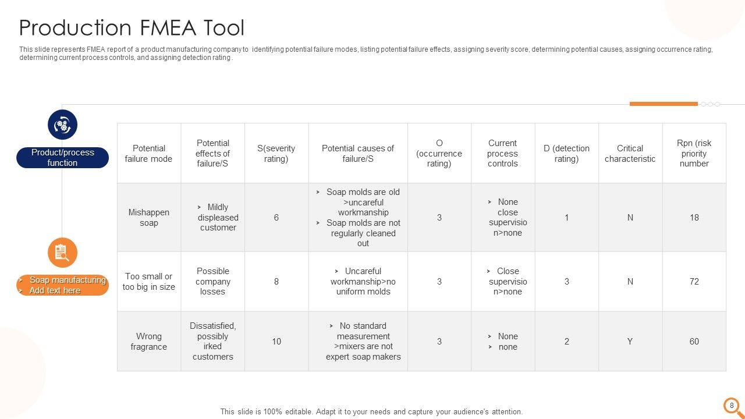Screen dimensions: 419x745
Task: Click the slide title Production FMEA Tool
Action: tap(132, 28)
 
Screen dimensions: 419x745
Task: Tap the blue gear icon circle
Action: tap(62, 125)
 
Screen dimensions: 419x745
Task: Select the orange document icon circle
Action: tap(62, 253)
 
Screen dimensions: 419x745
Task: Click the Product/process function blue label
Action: tap(62, 158)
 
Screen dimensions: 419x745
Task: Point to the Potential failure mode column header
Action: tap(149, 154)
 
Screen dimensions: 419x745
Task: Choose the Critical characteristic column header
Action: tap(630, 154)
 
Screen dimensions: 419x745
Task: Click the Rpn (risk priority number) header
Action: tap(694, 154)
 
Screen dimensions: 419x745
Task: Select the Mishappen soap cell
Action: tap(149, 218)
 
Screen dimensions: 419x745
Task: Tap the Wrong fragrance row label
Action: tap(149, 342)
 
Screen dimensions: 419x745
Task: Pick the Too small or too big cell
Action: tap(149, 282)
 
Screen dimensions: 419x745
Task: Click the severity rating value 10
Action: tap(276, 342)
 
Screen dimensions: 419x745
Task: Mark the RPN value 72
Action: tap(694, 282)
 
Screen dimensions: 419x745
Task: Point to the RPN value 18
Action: tap(694, 218)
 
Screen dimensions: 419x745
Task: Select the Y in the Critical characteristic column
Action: tap(630, 342)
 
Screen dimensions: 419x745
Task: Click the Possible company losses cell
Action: tap(212, 282)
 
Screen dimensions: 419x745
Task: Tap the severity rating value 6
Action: tap(276, 218)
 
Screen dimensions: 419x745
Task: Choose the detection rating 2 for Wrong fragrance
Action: tap(566, 342)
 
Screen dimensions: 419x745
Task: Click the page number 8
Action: tap(732, 405)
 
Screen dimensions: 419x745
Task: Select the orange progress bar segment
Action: tap(664, 104)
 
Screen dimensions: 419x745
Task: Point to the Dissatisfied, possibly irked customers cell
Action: tap(212, 342)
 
